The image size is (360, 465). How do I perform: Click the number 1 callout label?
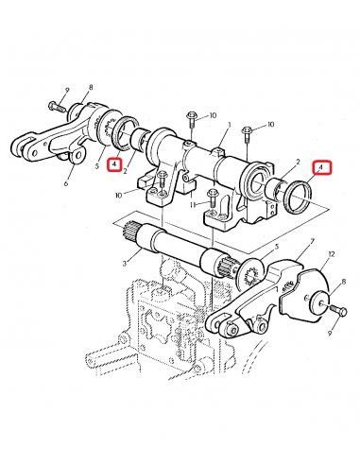tap(230, 125)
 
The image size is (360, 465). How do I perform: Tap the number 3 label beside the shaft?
tap(125, 263)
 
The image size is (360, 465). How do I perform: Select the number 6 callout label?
tap(66, 182)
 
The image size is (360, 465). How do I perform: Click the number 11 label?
tap(194, 204)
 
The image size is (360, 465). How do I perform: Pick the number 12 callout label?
tap(331, 254)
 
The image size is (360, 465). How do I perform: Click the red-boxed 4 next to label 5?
tap(114, 164)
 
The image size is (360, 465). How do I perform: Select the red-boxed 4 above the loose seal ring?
tap(321, 167)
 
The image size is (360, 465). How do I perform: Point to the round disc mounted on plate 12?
tap(319, 302)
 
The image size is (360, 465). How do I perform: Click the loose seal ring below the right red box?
tap(298, 197)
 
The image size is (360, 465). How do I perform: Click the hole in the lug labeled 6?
tap(77, 155)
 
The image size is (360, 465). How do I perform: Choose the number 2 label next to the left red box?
tap(125, 172)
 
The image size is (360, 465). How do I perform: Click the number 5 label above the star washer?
tap(277, 247)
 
